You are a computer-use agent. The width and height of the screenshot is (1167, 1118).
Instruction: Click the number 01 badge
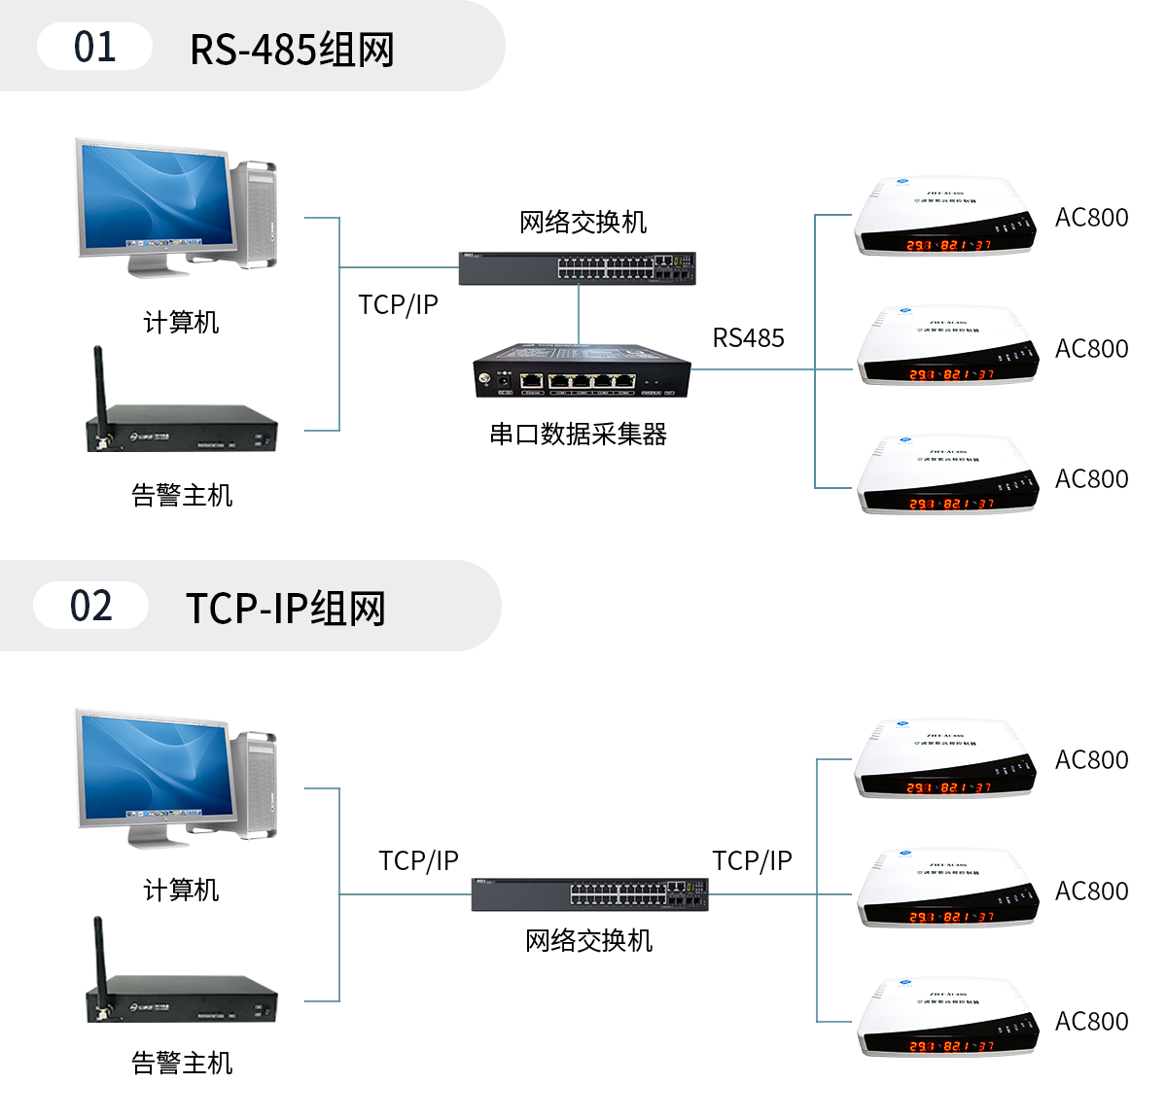point(94,47)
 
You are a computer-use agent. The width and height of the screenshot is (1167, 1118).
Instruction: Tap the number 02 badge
point(90,606)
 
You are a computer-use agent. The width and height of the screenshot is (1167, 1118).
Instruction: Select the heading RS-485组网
point(292,50)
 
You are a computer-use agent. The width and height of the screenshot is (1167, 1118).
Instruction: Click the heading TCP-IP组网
point(286,609)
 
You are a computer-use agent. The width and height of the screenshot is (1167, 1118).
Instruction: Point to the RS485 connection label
point(748,338)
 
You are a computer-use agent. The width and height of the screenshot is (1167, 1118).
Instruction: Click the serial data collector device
point(582,370)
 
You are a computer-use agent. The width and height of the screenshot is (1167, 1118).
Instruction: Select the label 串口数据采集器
point(579,434)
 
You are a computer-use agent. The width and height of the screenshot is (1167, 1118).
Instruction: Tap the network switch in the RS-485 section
point(578,267)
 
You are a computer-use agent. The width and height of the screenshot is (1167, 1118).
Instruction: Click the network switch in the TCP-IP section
point(589,894)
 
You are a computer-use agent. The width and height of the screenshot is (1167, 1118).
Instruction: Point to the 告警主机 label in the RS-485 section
point(182,495)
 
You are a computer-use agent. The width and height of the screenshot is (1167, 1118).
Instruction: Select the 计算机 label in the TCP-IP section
point(181,890)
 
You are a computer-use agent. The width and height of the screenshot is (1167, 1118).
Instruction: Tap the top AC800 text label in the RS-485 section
point(1091,218)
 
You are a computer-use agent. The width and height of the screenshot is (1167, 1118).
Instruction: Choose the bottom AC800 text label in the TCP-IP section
point(1091,1022)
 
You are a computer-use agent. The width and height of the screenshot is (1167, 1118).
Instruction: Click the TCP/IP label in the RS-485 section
point(398,305)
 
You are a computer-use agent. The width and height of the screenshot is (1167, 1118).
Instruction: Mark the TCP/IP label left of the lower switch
point(418,861)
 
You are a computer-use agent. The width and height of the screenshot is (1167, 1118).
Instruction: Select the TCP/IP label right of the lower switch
point(752,861)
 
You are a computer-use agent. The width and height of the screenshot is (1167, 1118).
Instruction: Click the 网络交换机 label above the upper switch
point(583,223)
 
